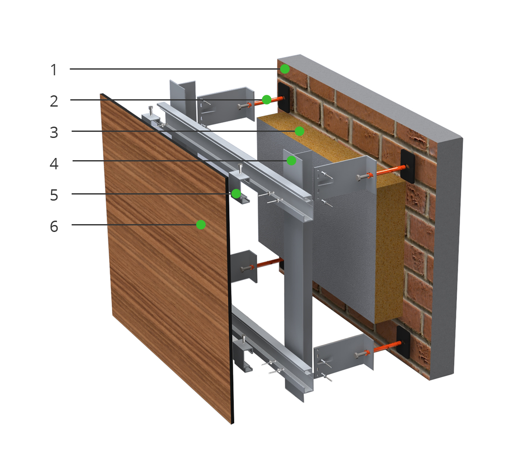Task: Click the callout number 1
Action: point(54,70)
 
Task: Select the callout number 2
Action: point(54,101)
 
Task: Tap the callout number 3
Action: point(54,132)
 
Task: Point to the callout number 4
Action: point(54,164)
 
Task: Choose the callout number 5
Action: point(54,195)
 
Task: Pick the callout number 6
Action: point(54,226)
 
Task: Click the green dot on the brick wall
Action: point(285,69)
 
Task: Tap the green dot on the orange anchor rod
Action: point(267,100)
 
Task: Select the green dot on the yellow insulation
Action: point(299,131)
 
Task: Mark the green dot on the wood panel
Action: point(201,225)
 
